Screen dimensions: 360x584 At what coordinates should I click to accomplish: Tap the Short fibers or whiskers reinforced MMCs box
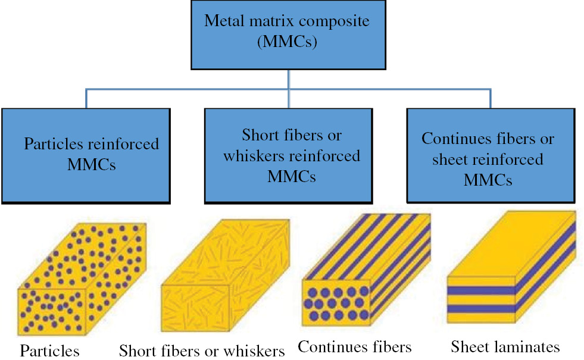pyautogui.click(x=288, y=155)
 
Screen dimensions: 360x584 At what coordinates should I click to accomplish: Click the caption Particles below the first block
pyautogui.click(x=49, y=350)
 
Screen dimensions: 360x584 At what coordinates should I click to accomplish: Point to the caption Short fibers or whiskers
pyautogui.click(x=202, y=350)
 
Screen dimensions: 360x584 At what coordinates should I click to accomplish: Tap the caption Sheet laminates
pyautogui.click(x=505, y=346)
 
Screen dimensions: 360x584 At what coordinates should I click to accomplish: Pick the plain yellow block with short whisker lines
pyautogui.click(x=226, y=280)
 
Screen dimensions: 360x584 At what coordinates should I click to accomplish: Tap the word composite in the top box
pyautogui.click(x=338, y=21)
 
